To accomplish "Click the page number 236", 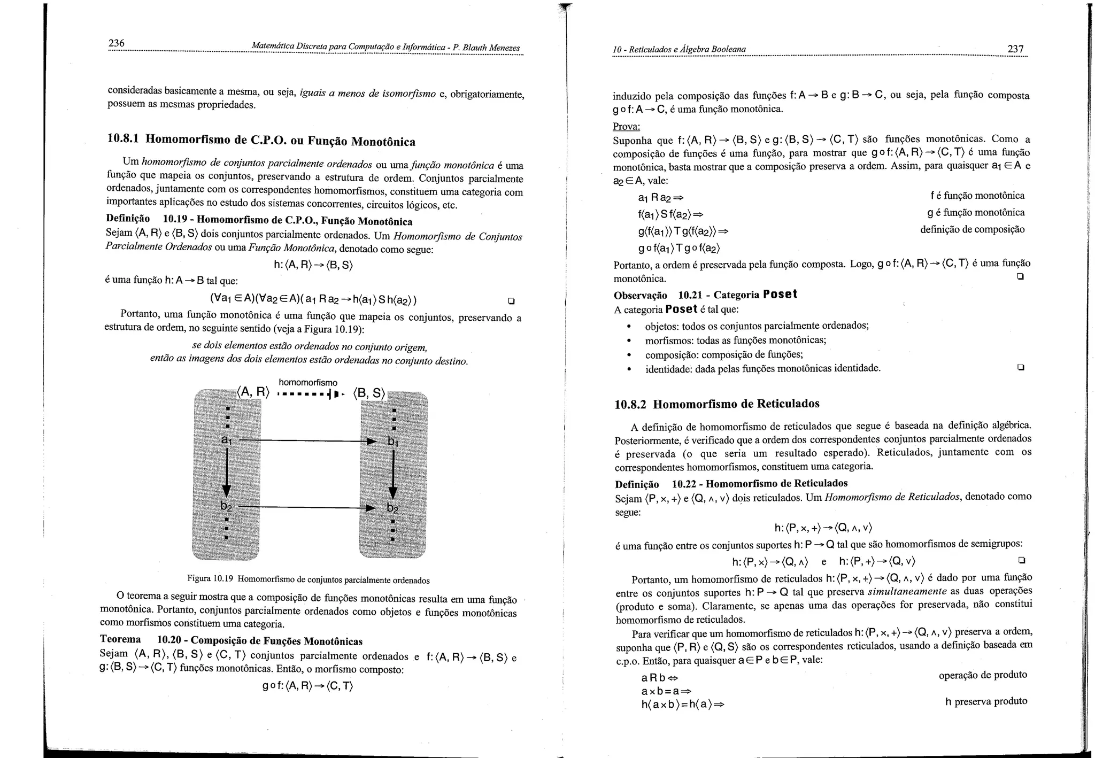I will (x=116, y=43).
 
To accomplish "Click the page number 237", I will (x=1015, y=49).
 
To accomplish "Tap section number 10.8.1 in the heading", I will (x=124, y=138).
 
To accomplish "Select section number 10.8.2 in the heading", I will (x=630, y=404).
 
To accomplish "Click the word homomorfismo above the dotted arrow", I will (x=308, y=383).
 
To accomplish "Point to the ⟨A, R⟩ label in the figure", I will (x=253, y=392).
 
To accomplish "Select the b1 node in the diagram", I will (x=393, y=442).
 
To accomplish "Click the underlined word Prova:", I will (x=626, y=127).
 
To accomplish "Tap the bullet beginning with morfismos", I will (x=736, y=341).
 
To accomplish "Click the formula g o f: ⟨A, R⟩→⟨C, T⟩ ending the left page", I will (x=308, y=686).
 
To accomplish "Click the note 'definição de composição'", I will (x=972, y=229).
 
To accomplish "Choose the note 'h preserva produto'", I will (x=986, y=701).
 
